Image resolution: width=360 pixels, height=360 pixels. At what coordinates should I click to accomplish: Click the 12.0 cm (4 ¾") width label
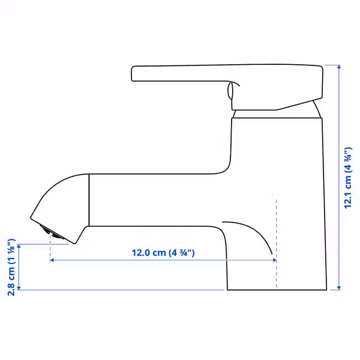pyautogui.click(x=163, y=253)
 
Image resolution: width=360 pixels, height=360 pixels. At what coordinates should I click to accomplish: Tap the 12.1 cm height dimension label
pyautogui.click(x=348, y=178)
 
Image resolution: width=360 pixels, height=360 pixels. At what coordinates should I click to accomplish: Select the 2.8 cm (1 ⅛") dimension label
pyautogui.click(x=11, y=267)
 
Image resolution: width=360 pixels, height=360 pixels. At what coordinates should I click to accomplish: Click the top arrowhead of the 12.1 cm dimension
pyautogui.click(x=339, y=67)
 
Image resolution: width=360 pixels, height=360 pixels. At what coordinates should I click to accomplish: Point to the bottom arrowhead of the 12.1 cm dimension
pyautogui.click(x=339, y=288)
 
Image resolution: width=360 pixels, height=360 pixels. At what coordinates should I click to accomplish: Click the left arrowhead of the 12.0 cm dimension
pyautogui.click(x=52, y=260)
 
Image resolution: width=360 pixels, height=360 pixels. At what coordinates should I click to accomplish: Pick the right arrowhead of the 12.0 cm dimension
pyautogui.click(x=275, y=260)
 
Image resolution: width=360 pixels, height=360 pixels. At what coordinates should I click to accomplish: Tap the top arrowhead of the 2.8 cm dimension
pyautogui.click(x=19, y=247)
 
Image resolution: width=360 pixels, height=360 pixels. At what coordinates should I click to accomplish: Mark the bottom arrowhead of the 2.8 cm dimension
pyautogui.click(x=19, y=288)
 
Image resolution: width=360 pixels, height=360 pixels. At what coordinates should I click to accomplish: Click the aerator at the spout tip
pyautogui.click(x=52, y=232)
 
